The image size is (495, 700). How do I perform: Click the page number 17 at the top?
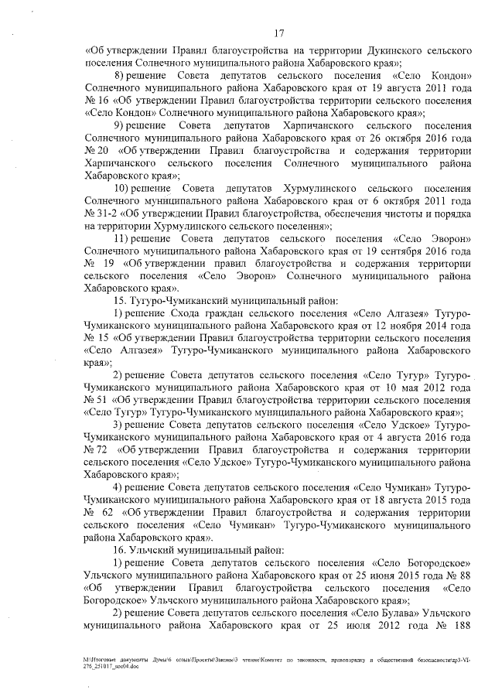(x=279, y=32)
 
